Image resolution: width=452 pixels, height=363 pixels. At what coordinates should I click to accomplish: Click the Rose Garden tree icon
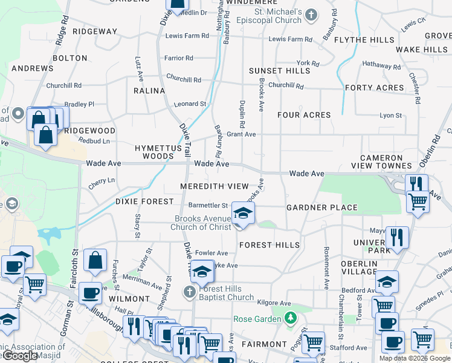(x=291, y=317)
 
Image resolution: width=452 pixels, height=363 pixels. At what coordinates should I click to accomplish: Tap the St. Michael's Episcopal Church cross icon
(x=311, y=14)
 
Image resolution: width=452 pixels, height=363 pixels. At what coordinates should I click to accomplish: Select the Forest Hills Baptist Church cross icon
(x=189, y=293)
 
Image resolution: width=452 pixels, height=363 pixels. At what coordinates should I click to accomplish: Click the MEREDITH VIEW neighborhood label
(x=214, y=186)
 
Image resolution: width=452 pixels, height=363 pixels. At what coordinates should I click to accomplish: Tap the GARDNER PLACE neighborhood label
(x=322, y=208)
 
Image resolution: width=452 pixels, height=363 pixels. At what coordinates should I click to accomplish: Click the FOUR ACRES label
(x=304, y=115)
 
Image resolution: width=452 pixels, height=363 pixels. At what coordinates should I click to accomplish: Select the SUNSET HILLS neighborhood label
(x=279, y=71)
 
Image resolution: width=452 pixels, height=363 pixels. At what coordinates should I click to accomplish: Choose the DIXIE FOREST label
(x=145, y=201)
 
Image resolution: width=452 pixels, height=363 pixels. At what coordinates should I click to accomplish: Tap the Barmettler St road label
(x=208, y=206)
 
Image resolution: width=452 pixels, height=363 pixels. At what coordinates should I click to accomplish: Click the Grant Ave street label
(x=241, y=134)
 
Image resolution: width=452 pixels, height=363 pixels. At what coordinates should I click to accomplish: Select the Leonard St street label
(x=190, y=104)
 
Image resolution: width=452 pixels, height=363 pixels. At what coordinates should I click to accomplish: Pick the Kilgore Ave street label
(x=274, y=303)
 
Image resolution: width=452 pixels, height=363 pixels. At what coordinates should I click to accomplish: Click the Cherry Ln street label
(x=102, y=183)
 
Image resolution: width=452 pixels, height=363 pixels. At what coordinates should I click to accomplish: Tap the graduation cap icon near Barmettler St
(x=242, y=213)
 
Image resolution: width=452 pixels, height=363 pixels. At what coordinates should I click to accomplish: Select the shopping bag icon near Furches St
(x=95, y=261)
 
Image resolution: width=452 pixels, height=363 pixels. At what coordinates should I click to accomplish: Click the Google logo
(x=20, y=356)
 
